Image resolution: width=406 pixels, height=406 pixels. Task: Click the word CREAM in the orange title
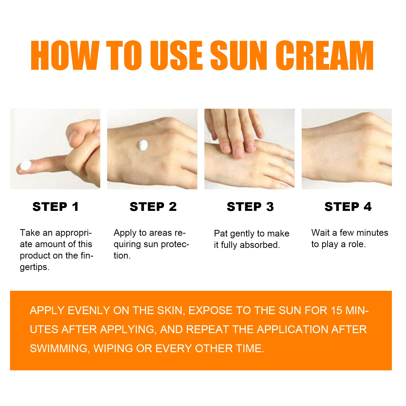(325, 55)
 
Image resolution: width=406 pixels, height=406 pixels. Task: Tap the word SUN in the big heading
(239, 55)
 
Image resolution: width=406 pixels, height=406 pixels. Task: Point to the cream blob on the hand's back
(142, 145)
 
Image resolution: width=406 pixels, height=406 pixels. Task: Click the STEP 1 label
(56, 207)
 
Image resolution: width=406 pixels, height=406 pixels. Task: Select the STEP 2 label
(153, 207)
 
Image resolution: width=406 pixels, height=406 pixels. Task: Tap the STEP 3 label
(250, 207)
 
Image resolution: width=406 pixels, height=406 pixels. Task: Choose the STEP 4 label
(348, 207)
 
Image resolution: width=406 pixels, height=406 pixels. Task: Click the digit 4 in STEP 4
(367, 207)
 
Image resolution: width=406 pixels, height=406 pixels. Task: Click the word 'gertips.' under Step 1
(35, 267)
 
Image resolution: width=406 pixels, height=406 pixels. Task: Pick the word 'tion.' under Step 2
(122, 256)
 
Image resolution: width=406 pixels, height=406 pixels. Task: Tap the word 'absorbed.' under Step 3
(260, 245)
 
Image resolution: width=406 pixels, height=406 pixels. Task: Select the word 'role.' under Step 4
(357, 244)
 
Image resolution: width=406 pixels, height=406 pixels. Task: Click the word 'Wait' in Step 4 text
(320, 233)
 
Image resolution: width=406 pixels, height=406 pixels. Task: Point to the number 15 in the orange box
(336, 311)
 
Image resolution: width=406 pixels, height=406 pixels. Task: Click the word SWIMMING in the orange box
(59, 349)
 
